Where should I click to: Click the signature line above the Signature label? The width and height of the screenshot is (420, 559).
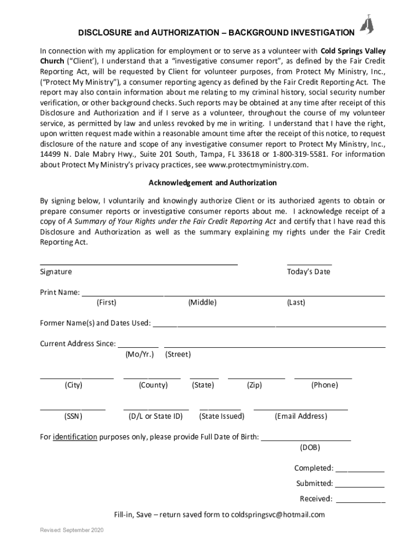pyautogui.click(x=139, y=264)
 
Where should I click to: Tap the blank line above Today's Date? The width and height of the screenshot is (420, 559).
pyautogui.click(x=309, y=264)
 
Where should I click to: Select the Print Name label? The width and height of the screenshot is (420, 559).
pyautogui.click(x=60, y=293)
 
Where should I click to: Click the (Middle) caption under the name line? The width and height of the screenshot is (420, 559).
pyautogui.click(x=202, y=302)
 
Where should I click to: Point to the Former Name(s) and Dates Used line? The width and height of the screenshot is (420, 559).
pyautogui.click(x=269, y=326)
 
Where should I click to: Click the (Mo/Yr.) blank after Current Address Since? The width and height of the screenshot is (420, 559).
pyautogui.click(x=138, y=347)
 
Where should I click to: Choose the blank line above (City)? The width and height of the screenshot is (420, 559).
pyautogui.click(x=76, y=377)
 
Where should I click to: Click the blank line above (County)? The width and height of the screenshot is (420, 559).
pyautogui.click(x=152, y=377)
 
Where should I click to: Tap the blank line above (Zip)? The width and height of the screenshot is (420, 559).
pyautogui.click(x=256, y=377)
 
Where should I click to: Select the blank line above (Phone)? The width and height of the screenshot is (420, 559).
pyautogui.click(x=323, y=377)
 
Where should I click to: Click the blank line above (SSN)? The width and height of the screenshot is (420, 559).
pyautogui.click(x=73, y=408)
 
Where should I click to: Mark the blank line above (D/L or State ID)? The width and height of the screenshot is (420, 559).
pyautogui.click(x=156, y=408)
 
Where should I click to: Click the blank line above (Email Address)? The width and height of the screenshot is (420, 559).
pyautogui.click(x=301, y=408)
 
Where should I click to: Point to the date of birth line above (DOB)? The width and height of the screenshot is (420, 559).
pyautogui.click(x=306, y=439)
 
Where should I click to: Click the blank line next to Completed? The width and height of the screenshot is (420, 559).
pyautogui.click(x=359, y=471)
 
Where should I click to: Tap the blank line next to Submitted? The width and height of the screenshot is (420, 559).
pyautogui.click(x=359, y=486)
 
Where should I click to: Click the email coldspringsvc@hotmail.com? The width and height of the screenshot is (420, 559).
pyautogui.click(x=278, y=514)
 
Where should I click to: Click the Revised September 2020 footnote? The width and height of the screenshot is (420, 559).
pyautogui.click(x=68, y=530)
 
